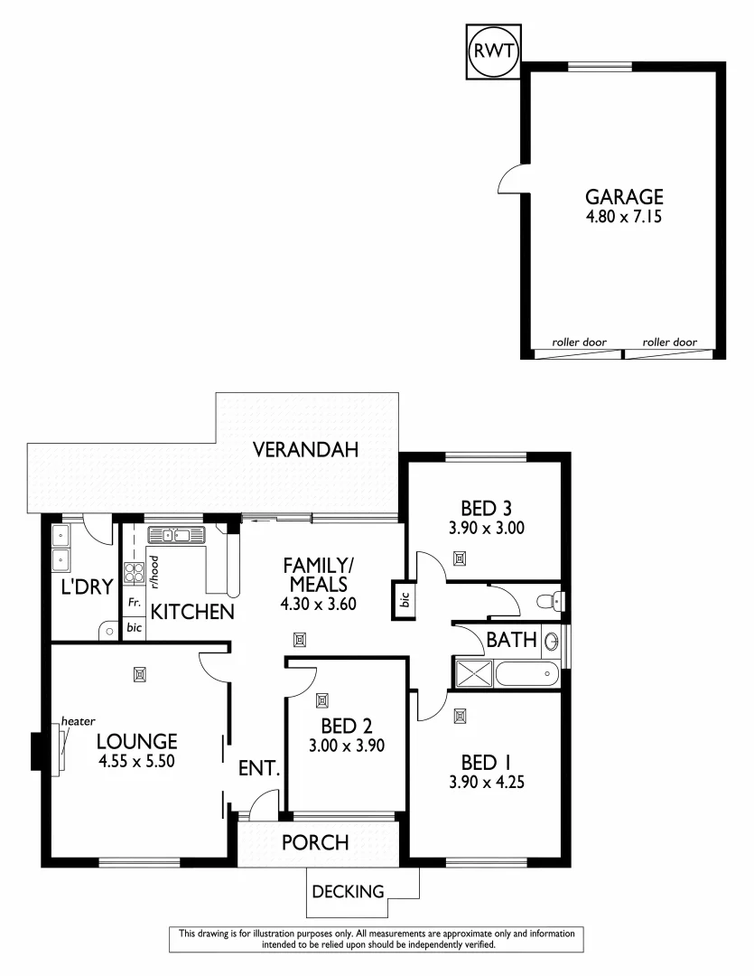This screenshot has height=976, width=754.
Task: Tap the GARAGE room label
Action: [x=624, y=196]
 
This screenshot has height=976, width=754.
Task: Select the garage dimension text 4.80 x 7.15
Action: [x=624, y=217]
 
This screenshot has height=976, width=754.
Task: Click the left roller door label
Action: [x=580, y=343]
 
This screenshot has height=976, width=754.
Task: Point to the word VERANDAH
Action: [x=306, y=448]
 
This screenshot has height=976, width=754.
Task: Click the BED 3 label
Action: [x=487, y=507]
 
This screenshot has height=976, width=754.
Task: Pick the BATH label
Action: [x=511, y=641]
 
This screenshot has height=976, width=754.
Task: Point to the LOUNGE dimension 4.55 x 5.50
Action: [x=136, y=762]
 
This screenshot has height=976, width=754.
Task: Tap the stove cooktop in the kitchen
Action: [x=135, y=571]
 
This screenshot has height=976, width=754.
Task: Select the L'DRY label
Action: [x=87, y=587]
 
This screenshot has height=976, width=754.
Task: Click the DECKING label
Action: [x=348, y=892]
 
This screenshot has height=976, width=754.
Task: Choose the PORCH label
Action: [x=315, y=842]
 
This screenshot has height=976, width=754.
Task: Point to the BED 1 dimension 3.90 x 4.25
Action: [x=487, y=782]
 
